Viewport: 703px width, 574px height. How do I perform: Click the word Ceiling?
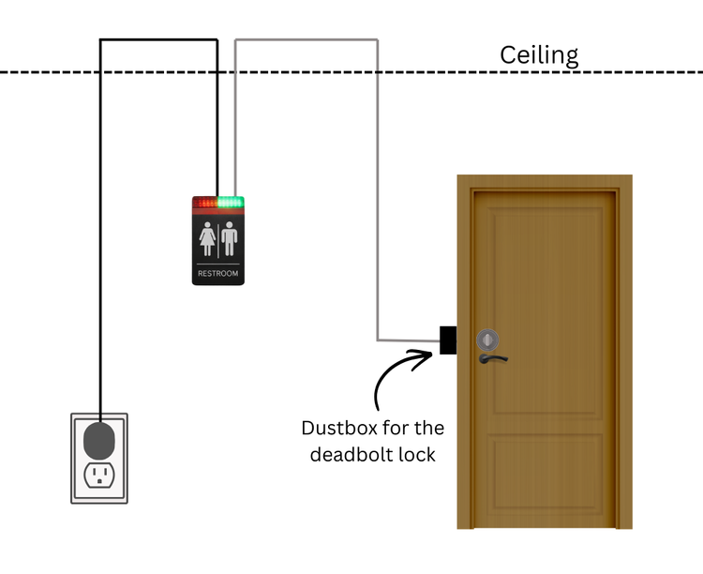click(539, 55)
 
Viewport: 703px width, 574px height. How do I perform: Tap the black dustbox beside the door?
click(448, 340)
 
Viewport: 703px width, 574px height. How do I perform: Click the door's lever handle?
click(492, 357)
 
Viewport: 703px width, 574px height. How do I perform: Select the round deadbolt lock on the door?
click(487, 340)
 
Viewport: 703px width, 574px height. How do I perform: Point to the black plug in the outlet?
click(98, 439)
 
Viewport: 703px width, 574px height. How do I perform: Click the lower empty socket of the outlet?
click(98, 475)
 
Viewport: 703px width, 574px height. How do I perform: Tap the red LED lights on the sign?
click(204, 202)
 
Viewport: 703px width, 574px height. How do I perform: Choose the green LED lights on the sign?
click(231, 202)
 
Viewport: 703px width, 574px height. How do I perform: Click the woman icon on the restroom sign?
click(207, 238)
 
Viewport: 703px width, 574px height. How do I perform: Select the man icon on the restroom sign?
click(230, 238)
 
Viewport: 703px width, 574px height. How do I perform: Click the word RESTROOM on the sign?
click(218, 274)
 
